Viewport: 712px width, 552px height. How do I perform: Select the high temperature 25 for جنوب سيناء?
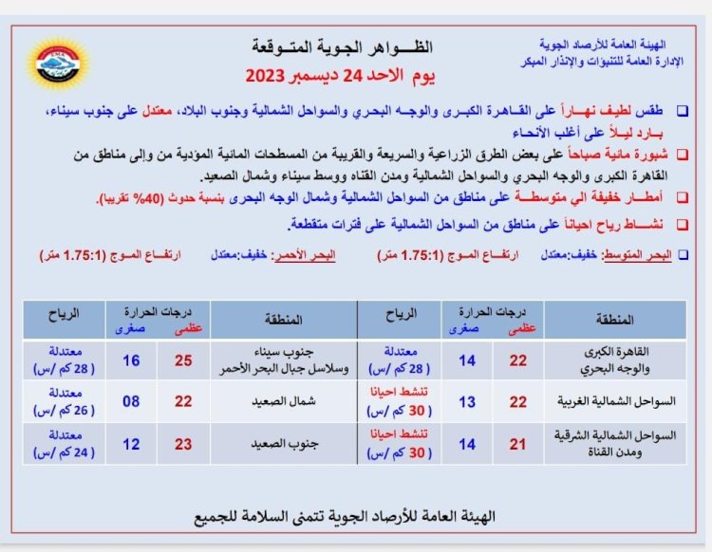click(x=183, y=360)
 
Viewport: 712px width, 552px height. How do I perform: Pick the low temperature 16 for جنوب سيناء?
click(x=132, y=360)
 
